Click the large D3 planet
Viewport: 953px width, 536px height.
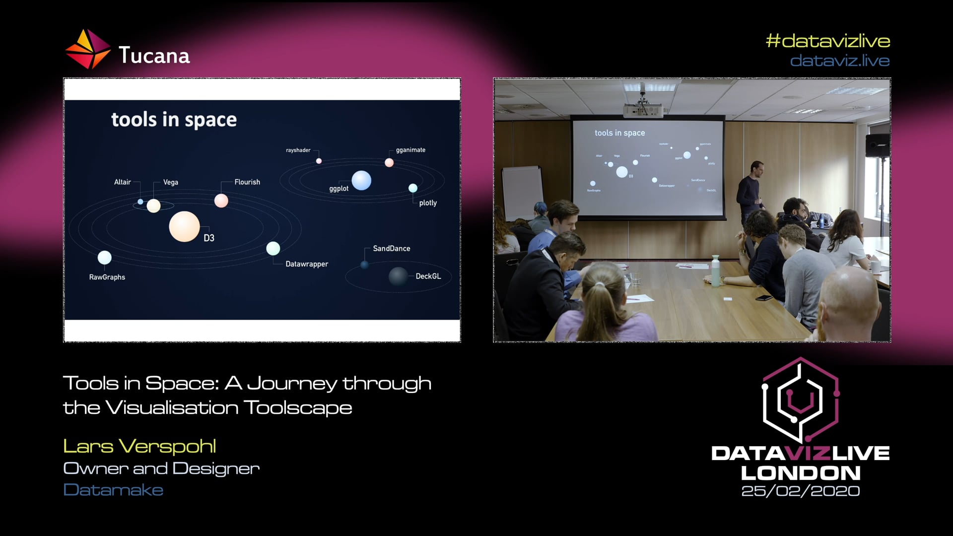point(184,226)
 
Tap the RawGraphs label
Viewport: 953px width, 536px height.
point(107,277)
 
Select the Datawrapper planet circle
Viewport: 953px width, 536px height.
point(273,248)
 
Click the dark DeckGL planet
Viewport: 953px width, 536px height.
point(398,276)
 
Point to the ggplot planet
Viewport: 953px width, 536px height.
point(361,180)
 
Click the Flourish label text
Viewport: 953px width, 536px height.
point(247,182)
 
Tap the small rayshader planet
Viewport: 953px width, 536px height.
point(319,161)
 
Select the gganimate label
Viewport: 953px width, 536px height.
point(410,150)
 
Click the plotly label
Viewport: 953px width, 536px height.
point(428,203)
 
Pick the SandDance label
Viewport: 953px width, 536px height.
point(391,248)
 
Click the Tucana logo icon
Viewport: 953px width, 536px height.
point(87,49)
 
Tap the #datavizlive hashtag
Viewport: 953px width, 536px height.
point(827,41)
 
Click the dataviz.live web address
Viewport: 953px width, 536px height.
point(839,61)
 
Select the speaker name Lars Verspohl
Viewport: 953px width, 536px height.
point(139,446)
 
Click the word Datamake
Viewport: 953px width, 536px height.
point(113,490)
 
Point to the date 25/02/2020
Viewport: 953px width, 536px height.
point(800,491)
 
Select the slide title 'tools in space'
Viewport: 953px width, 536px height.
point(174,120)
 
